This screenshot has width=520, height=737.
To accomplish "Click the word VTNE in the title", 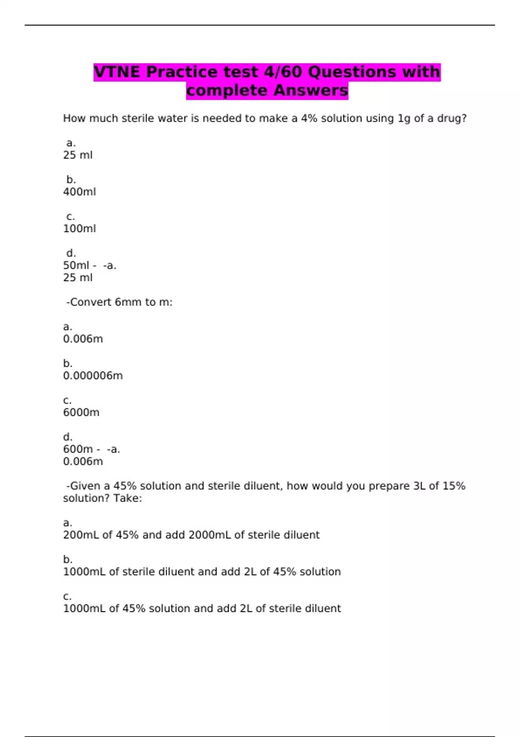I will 117,72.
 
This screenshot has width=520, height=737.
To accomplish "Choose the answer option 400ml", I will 79,192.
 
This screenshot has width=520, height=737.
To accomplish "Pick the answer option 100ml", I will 79,228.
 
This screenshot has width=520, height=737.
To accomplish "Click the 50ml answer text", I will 76,265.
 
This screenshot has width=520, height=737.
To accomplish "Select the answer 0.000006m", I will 93,375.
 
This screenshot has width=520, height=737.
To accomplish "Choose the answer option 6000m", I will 81,412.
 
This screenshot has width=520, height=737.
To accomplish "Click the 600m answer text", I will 78,449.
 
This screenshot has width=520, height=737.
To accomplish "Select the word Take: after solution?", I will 127,498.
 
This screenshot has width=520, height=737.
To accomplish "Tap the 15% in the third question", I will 454,486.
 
